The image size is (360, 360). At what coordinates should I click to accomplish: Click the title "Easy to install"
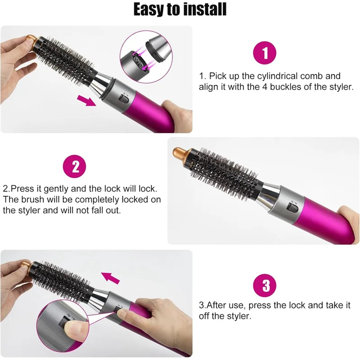click(x=180, y=10)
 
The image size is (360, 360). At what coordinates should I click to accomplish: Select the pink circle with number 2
click(x=75, y=166)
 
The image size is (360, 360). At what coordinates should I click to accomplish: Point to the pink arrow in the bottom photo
click(x=110, y=277)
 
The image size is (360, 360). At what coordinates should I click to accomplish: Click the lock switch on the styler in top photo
click(x=122, y=98)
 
